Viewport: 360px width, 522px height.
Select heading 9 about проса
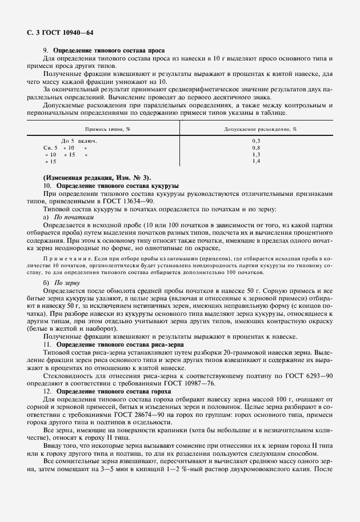click(x=101, y=50)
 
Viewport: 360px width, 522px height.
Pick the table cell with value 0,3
click(x=256, y=140)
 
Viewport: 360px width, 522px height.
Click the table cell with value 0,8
click(x=256, y=147)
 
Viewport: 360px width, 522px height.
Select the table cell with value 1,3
click(x=256, y=154)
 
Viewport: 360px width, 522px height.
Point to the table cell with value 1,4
click(x=256, y=162)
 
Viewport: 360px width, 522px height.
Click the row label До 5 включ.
click(x=79, y=140)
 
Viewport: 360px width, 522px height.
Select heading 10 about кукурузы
click(x=111, y=186)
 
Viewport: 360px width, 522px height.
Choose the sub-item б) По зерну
click(x=61, y=283)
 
